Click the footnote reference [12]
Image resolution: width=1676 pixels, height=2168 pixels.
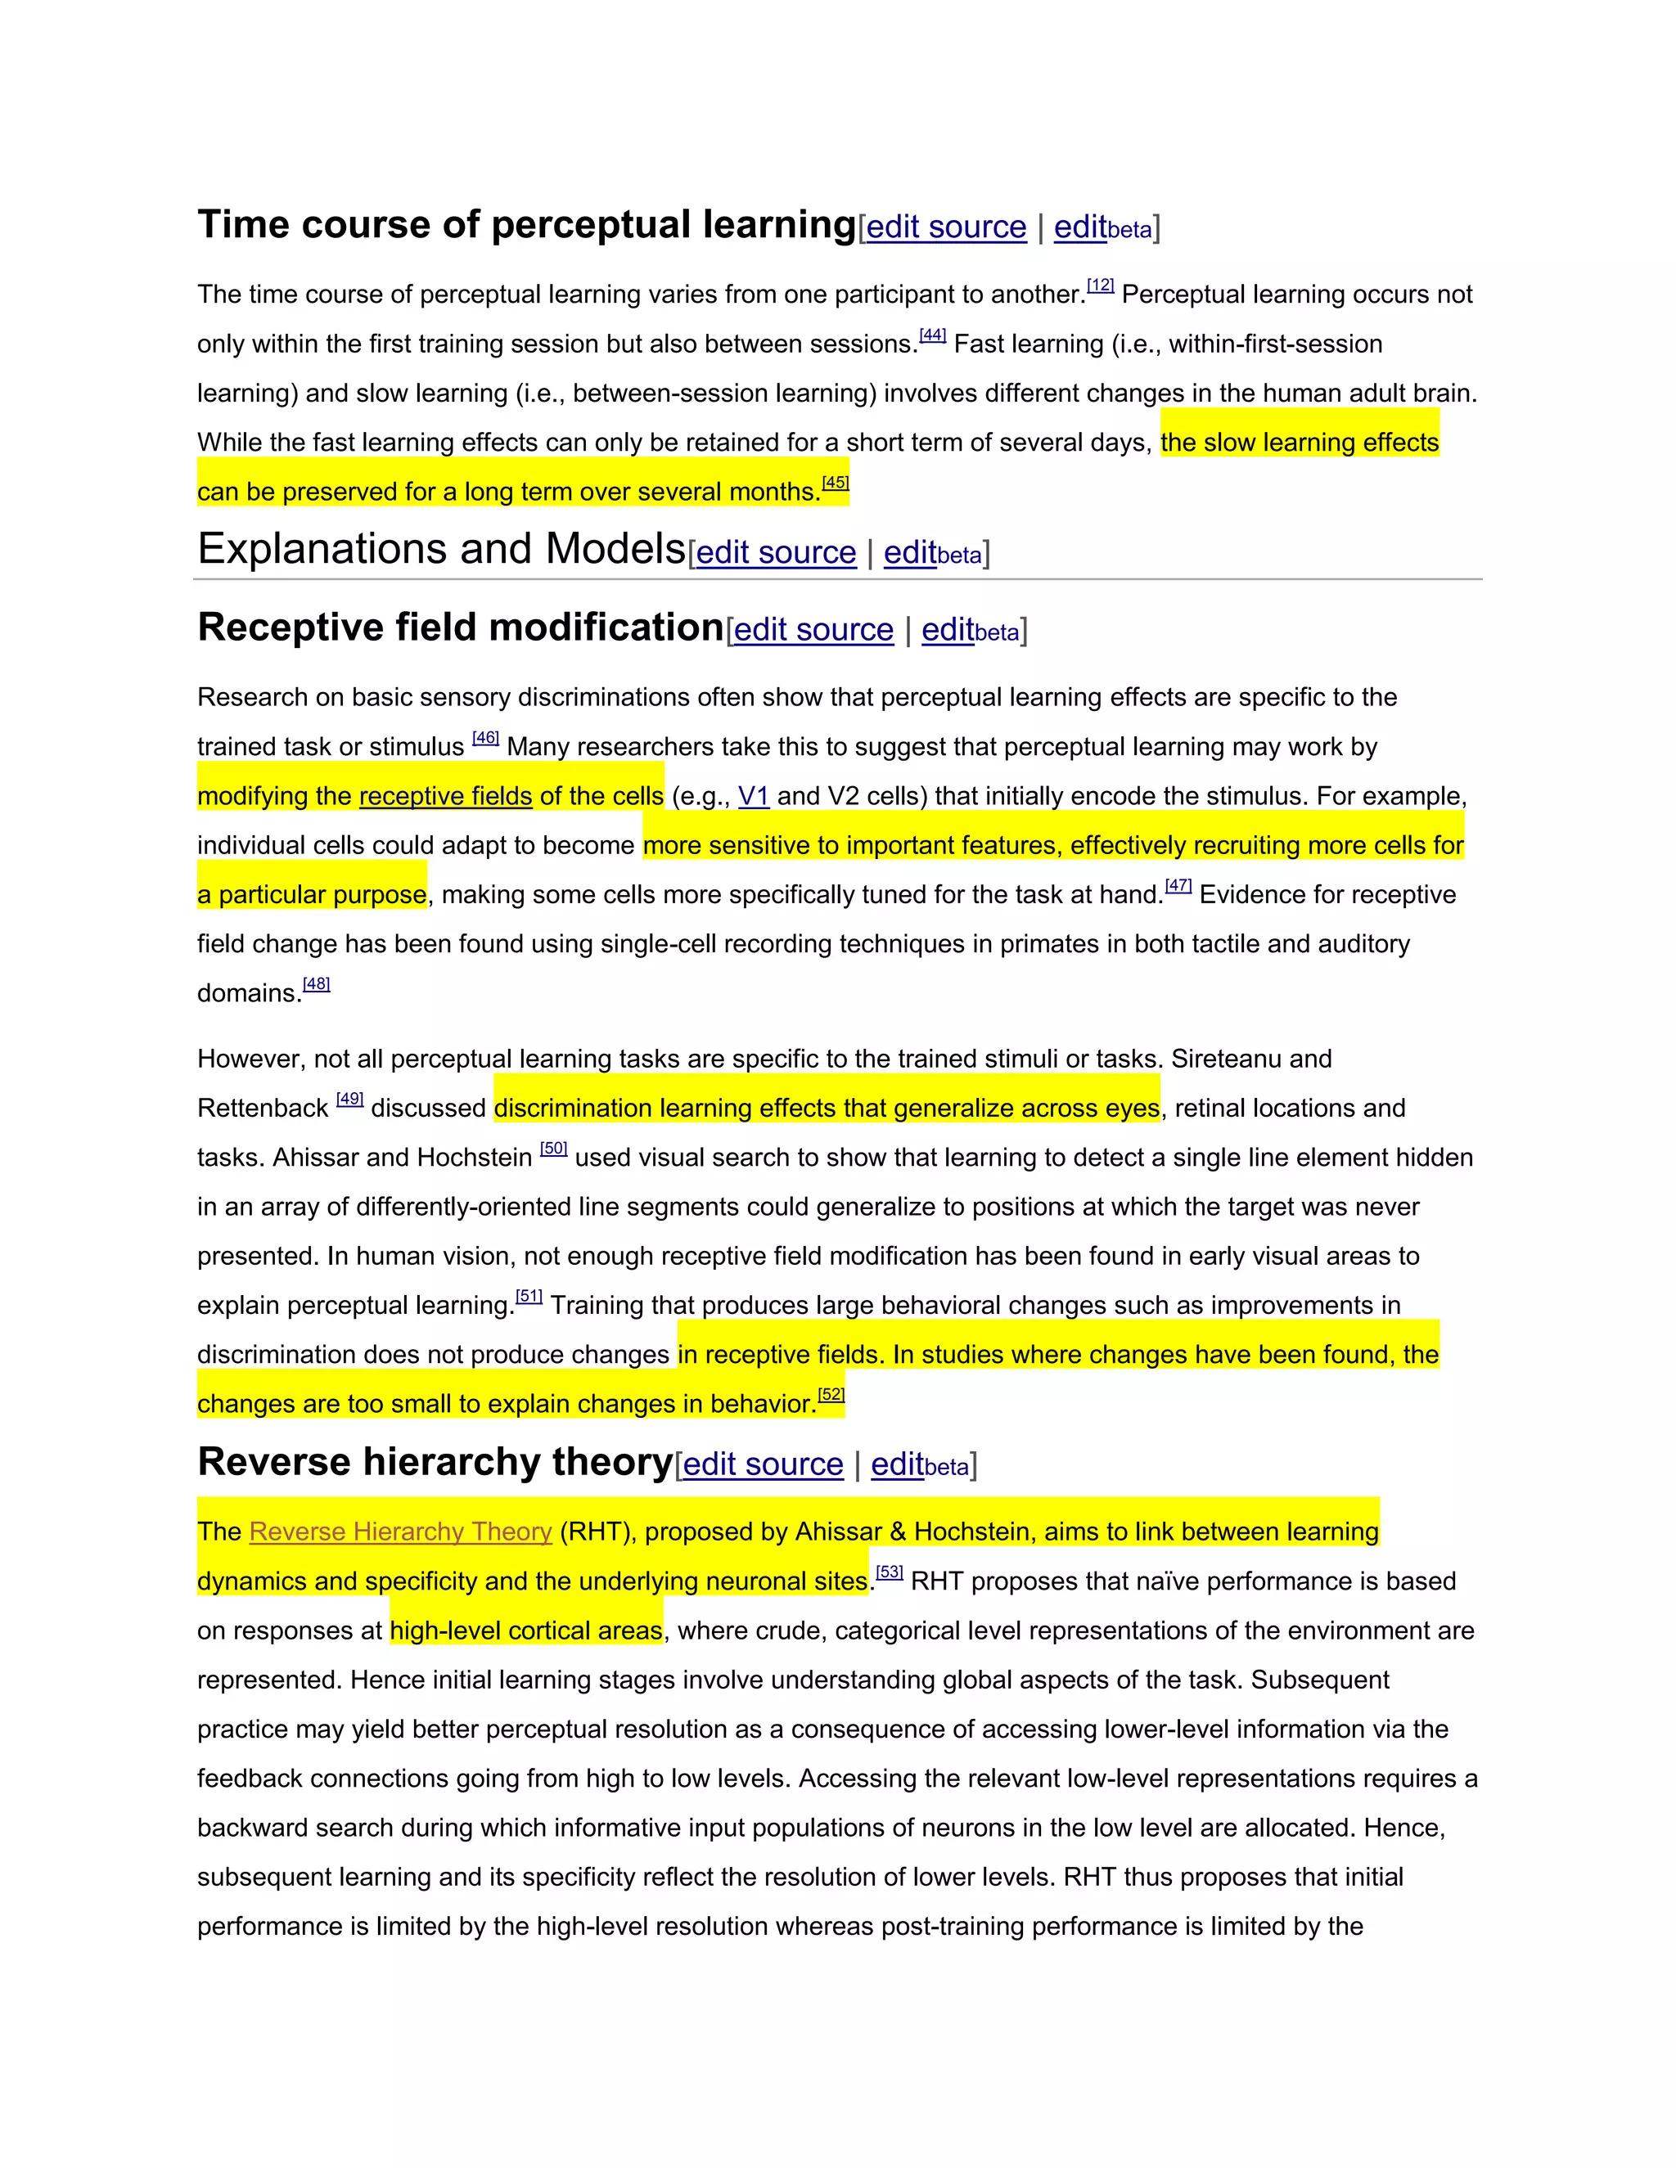pos(1100,286)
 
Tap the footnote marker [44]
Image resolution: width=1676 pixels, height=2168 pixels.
pos(932,335)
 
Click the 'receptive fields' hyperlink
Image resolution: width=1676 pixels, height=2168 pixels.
pos(446,796)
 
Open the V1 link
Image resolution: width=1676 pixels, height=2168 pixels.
pos(754,796)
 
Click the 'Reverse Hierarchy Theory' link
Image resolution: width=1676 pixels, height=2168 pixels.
pos(400,1532)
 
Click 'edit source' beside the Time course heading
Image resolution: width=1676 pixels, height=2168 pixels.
pos(946,227)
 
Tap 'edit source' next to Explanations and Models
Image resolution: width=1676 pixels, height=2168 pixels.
pos(776,552)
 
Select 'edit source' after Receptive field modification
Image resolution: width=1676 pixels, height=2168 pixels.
pos(813,629)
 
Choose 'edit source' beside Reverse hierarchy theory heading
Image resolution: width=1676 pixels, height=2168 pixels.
pos(763,1464)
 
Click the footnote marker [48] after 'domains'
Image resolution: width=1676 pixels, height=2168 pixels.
pos(316,985)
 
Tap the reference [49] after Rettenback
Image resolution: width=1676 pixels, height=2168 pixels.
pos(349,1099)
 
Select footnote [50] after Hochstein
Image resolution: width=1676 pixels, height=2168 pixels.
pos(553,1149)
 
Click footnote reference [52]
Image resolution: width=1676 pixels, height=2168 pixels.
pos(831,1395)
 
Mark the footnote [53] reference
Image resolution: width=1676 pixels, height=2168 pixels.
pos(890,1572)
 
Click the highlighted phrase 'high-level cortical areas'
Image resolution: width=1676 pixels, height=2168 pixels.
pos(525,1631)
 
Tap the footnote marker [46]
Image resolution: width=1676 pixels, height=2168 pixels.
pos(485,738)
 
